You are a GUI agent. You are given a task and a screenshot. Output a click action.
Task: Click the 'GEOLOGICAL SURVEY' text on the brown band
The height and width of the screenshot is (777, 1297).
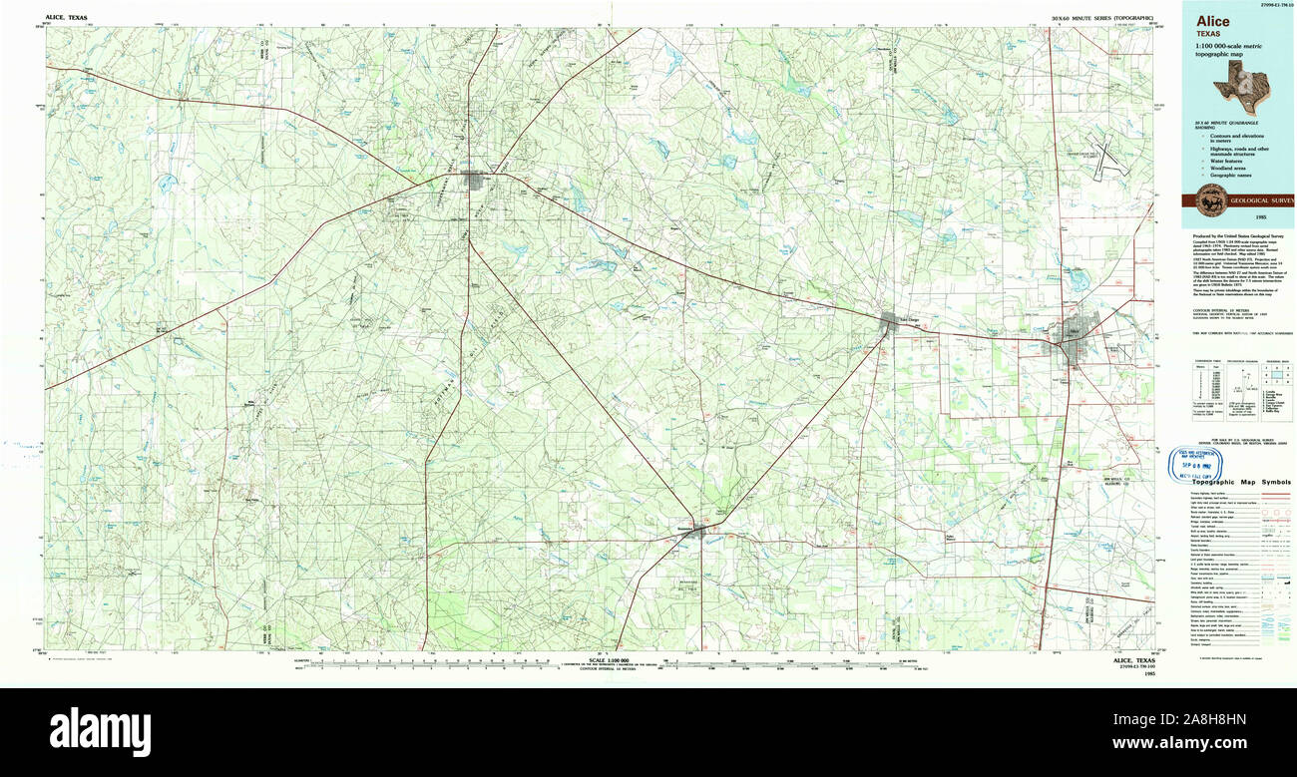1262,199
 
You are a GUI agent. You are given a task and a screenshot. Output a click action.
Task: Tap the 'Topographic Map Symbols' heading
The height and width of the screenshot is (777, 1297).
1234,482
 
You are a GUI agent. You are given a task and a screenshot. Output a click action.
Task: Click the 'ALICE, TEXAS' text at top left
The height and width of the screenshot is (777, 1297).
66,18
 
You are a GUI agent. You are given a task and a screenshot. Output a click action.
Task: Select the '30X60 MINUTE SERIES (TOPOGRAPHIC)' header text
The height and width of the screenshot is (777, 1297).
1101,18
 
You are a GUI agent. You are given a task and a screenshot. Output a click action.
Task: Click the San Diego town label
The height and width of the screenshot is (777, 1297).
908,319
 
